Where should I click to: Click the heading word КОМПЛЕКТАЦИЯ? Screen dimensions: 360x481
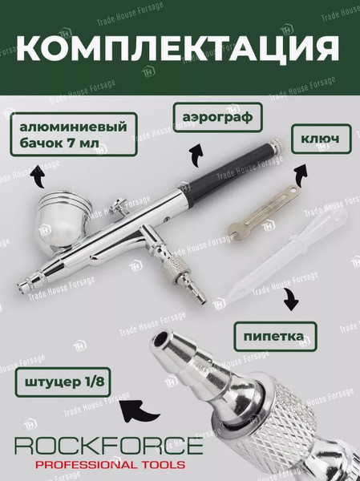(178, 49)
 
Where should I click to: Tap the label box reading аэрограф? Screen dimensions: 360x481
(217, 118)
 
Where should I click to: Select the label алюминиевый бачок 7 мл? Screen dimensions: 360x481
(73, 135)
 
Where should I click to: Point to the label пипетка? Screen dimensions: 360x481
(275, 337)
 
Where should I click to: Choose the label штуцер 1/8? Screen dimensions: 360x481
(63, 382)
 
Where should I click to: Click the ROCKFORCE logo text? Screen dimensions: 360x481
(109, 446)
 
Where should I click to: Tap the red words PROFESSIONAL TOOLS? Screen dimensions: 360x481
(110, 464)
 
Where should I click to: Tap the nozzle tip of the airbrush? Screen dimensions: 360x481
(21, 288)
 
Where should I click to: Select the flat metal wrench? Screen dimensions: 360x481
(262, 213)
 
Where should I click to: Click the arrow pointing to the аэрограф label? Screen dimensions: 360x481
(196, 156)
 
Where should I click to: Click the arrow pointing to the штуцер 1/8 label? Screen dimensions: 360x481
(138, 411)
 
